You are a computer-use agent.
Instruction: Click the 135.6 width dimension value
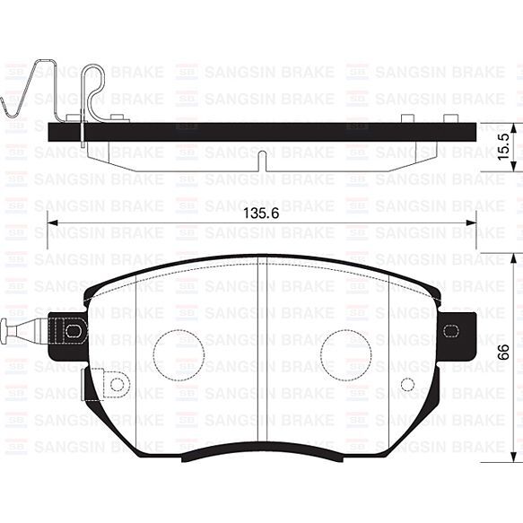tap(260, 214)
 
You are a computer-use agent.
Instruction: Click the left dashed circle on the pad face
tap(179, 353)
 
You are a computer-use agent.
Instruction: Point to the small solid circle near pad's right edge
tap(407, 384)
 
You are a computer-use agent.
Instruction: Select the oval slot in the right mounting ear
tap(450, 329)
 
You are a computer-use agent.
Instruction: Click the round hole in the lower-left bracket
tap(116, 384)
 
